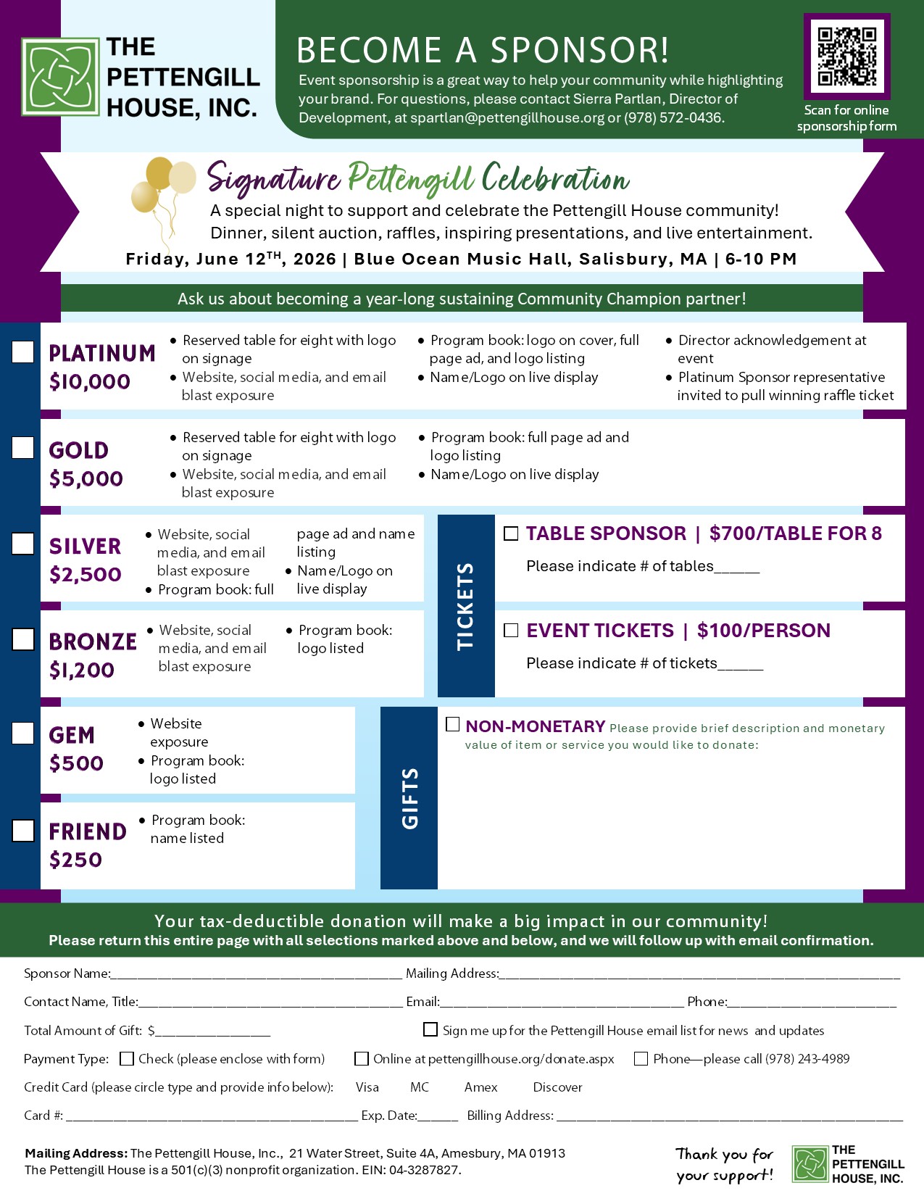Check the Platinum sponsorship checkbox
point(23,352)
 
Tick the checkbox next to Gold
point(23,448)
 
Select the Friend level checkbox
point(23,831)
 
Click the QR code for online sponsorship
point(846,57)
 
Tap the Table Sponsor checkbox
point(511,533)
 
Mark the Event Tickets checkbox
point(511,631)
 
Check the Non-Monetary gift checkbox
point(453,725)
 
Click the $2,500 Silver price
point(86,575)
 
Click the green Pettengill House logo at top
point(61,77)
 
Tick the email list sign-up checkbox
point(430,1030)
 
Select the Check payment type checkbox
point(127,1059)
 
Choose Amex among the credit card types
point(481,1087)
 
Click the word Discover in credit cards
point(557,1087)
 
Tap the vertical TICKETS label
point(465,606)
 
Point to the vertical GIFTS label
point(409,798)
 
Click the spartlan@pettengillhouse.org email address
point(507,117)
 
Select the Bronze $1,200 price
point(82,670)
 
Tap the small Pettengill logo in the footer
point(810,1164)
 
